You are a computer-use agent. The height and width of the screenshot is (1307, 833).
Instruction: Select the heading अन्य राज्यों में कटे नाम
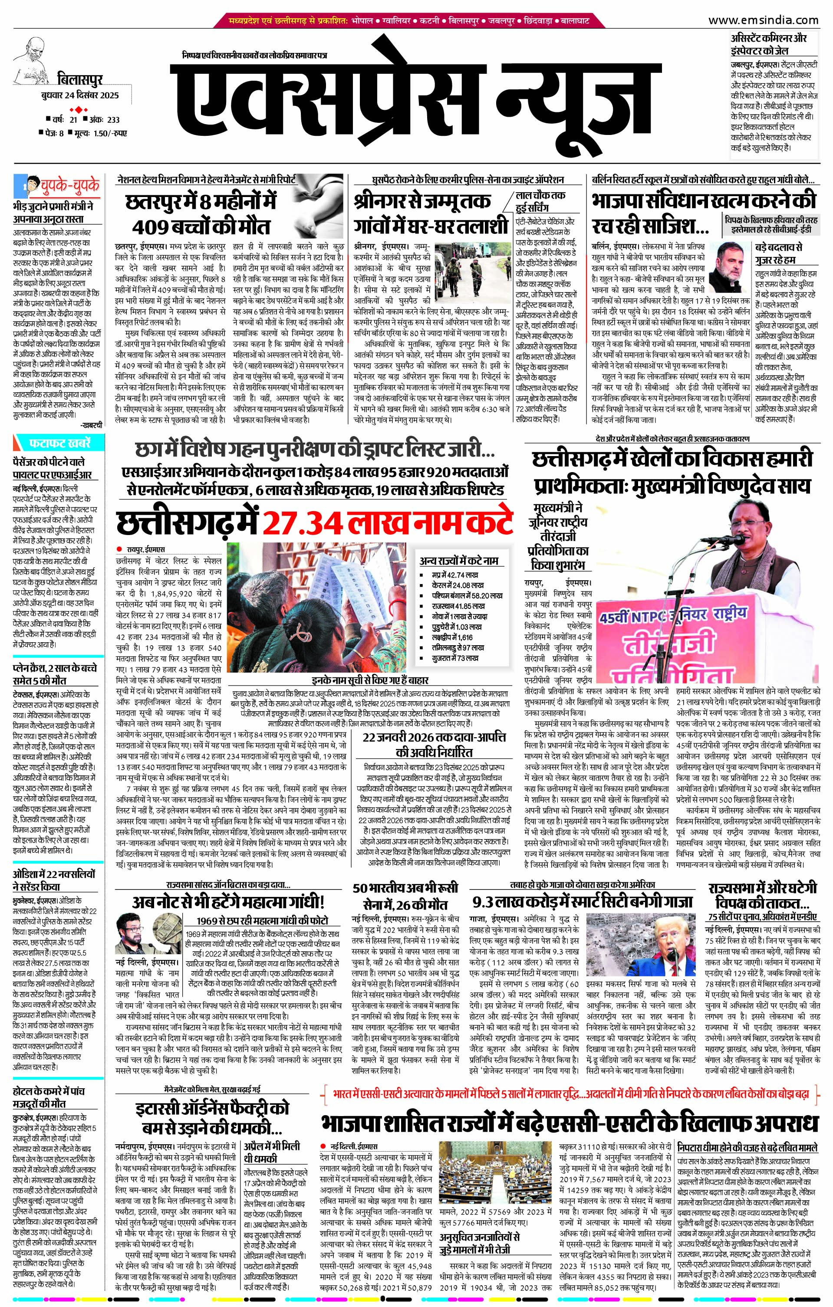(459, 561)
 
